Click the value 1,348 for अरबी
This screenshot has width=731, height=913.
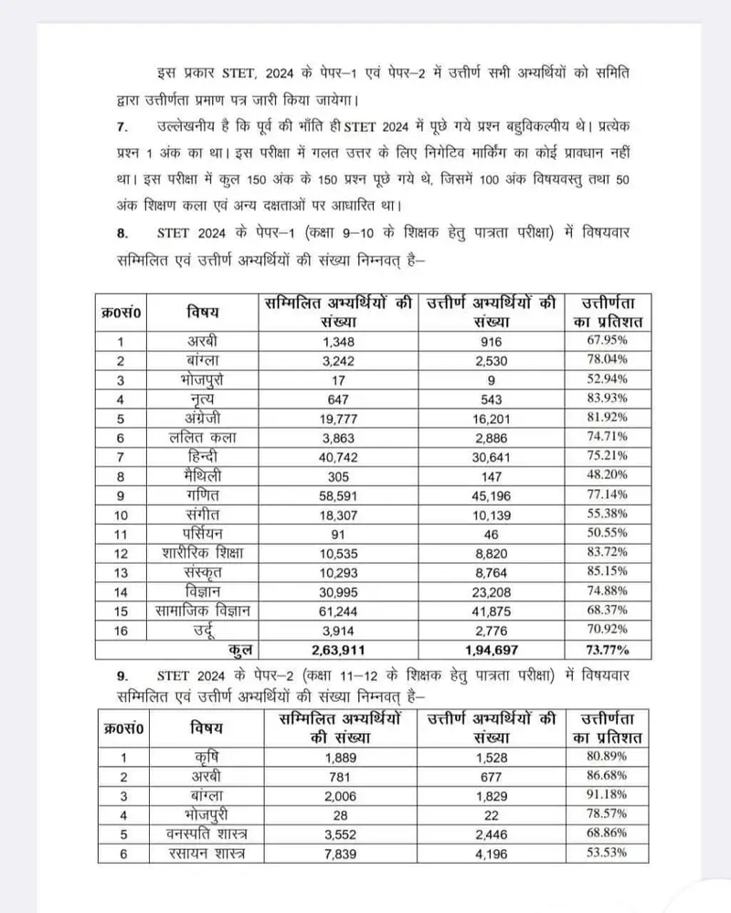[337, 340]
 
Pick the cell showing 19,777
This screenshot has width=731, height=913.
[337, 419]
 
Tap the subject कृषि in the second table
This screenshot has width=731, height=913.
[209, 757]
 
